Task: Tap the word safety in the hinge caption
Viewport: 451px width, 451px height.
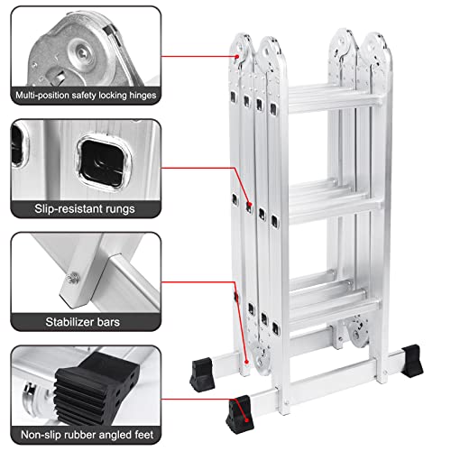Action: coord(90,94)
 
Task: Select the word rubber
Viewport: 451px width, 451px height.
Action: coord(80,433)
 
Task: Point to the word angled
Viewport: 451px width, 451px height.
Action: coord(119,433)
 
